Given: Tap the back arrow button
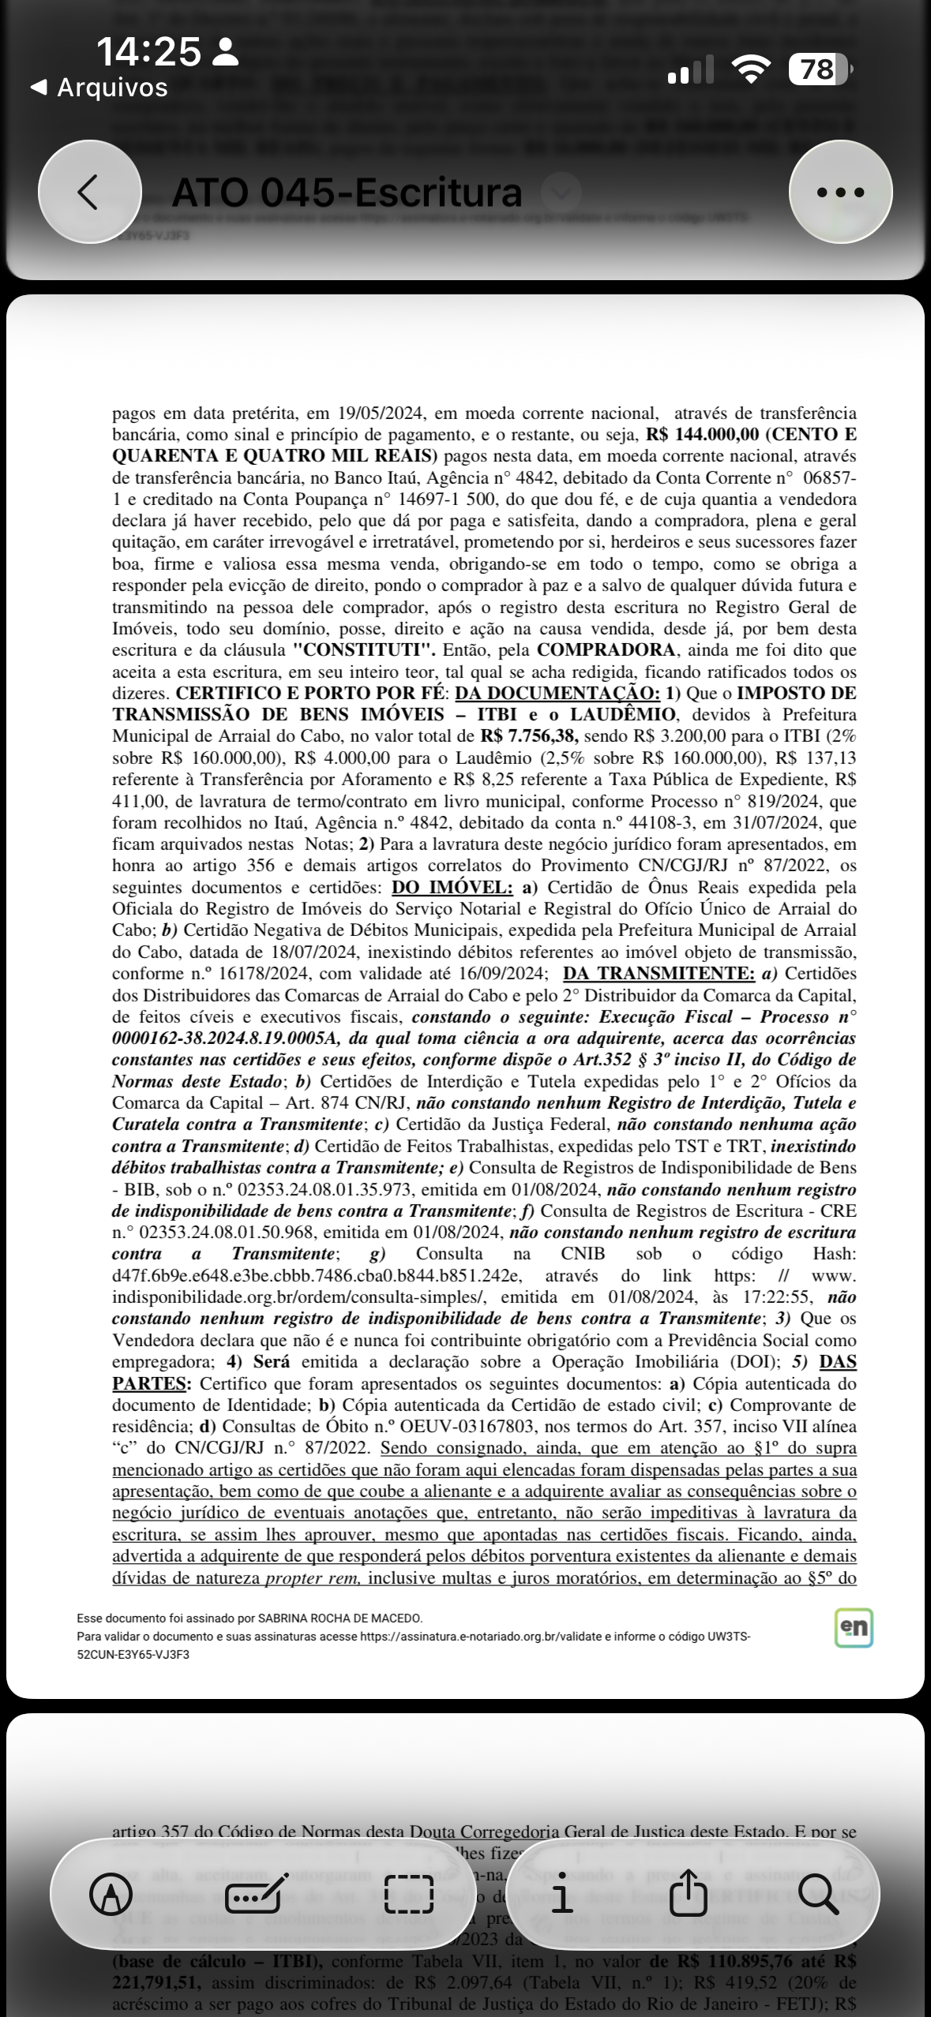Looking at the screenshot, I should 89,192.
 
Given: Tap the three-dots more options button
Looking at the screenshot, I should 840,192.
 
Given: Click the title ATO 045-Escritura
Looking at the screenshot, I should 347,193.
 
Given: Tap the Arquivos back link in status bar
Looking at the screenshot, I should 99,87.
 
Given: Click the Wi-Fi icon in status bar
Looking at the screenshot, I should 752,69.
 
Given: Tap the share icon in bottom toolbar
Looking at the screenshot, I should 688,1894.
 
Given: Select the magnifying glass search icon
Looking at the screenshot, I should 817,1894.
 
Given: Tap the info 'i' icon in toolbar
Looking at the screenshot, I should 561,1894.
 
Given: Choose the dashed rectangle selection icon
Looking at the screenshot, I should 409,1894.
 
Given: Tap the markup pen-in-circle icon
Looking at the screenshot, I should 111,1894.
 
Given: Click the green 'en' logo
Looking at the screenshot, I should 854,1628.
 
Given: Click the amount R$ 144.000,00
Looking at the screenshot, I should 701,435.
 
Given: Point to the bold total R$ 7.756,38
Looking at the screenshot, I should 529,736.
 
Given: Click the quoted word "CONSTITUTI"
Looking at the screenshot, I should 364,650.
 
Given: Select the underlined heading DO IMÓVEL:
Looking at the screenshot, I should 452,887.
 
